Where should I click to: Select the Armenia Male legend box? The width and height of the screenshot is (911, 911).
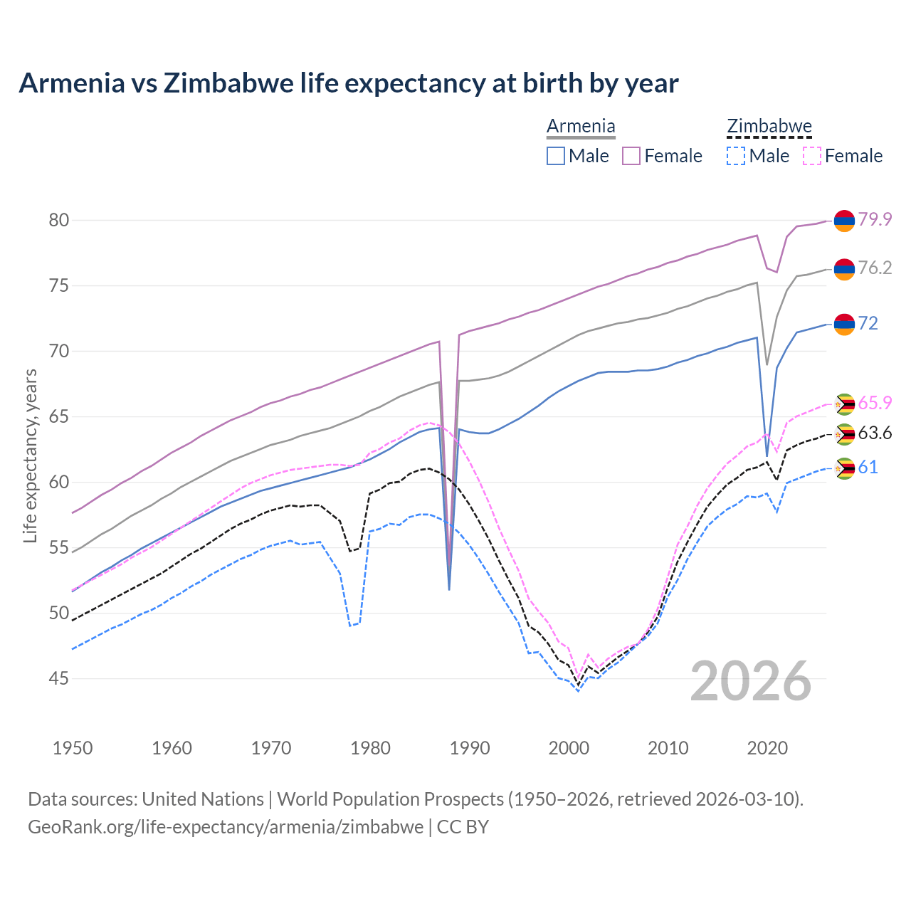pos(556,156)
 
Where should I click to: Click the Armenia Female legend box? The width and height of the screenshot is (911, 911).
pos(632,156)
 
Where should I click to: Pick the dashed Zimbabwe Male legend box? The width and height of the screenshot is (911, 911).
pos(736,156)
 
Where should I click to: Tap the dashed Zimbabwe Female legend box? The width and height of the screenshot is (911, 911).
pos(812,156)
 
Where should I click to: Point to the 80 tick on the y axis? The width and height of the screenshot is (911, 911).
pos(59,220)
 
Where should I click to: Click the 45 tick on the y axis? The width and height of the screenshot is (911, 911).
pos(59,679)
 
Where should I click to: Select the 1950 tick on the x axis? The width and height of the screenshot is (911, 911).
pos(73,748)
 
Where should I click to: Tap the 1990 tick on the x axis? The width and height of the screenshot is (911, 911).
pos(470,748)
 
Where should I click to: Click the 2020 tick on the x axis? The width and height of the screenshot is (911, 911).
pos(767,748)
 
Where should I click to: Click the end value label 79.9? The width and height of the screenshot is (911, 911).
pos(875,219)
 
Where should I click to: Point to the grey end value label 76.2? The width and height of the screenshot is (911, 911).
pos(875,268)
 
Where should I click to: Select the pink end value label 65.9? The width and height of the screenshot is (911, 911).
pos(875,403)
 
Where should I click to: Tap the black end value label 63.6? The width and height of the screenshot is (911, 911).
pos(875,433)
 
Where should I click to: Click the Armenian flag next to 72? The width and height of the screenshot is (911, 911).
pos(844,324)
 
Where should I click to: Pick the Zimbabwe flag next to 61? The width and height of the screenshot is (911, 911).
pos(844,468)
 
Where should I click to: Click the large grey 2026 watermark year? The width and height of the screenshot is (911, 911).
pos(750,681)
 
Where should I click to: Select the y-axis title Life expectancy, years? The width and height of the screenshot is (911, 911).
pos(30,455)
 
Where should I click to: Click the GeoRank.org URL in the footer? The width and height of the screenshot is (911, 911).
pos(226,827)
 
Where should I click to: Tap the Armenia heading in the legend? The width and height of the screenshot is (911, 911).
pos(581,127)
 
